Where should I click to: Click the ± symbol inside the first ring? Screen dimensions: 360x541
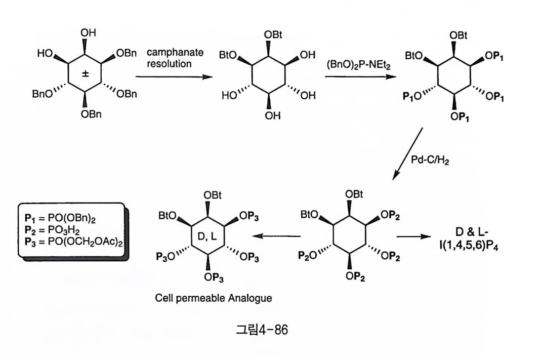point(86,74)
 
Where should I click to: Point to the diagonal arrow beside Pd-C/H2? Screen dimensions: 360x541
point(408,153)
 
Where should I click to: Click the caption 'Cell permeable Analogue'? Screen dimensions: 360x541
point(213,298)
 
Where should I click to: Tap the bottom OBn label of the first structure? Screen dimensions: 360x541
point(91,114)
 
